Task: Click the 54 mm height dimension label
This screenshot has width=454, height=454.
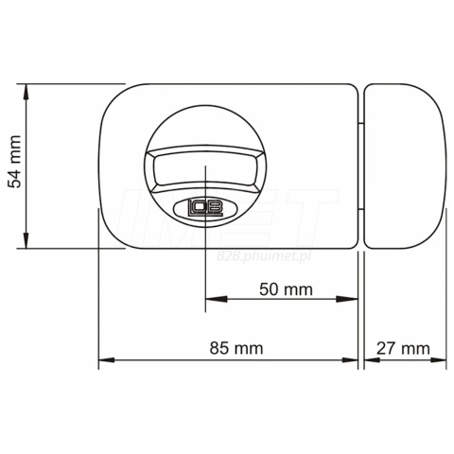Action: pos(14,162)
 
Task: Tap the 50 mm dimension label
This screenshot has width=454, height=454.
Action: pos(286,289)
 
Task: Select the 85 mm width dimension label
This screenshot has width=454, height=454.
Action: pos(236,348)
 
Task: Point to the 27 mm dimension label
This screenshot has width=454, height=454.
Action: pos(403,348)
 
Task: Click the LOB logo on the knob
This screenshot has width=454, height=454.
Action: pos(205,208)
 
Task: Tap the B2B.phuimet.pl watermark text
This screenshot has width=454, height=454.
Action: pos(264,256)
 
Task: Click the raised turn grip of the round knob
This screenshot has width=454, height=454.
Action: pos(205,169)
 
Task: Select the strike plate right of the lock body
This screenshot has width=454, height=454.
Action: pos(404,166)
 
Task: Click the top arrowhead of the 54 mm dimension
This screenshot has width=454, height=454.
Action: pos(26,92)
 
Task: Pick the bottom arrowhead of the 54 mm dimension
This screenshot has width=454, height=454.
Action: pos(26,240)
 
